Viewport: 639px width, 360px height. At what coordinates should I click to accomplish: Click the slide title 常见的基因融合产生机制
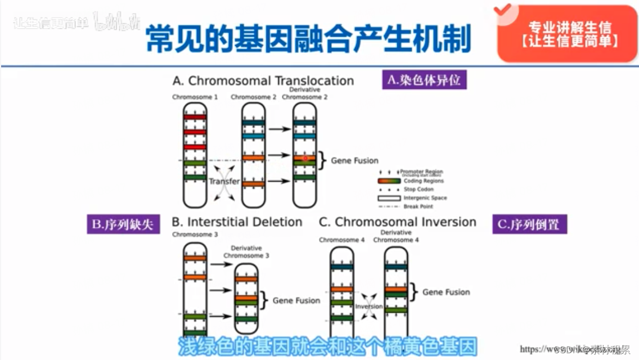[308, 38]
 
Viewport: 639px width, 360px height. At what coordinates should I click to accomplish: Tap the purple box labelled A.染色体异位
[424, 80]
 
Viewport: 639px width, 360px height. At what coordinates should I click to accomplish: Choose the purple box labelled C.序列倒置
[529, 224]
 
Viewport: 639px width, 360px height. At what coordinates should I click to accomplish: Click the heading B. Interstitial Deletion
[237, 222]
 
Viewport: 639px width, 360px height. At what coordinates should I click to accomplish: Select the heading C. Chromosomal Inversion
[397, 222]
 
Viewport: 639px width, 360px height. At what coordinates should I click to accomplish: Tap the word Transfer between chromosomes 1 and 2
[224, 182]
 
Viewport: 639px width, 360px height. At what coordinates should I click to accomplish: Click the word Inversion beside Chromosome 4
[368, 307]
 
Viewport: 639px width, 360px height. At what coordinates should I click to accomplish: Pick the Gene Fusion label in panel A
[354, 161]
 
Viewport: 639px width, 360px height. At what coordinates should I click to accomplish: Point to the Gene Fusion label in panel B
[296, 300]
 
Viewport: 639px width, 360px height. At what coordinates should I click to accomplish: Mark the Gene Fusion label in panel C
[446, 292]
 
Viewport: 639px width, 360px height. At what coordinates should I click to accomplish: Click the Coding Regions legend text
[424, 181]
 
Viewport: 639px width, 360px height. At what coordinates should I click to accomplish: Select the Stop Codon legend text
[419, 190]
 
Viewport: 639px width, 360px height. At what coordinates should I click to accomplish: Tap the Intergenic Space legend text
[425, 198]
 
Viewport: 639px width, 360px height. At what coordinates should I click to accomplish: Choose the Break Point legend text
[419, 206]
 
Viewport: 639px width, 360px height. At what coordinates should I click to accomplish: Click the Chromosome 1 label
[195, 97]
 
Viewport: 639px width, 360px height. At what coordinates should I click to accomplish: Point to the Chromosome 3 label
[195, 235]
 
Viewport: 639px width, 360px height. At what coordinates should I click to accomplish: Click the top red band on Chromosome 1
[195, 117]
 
